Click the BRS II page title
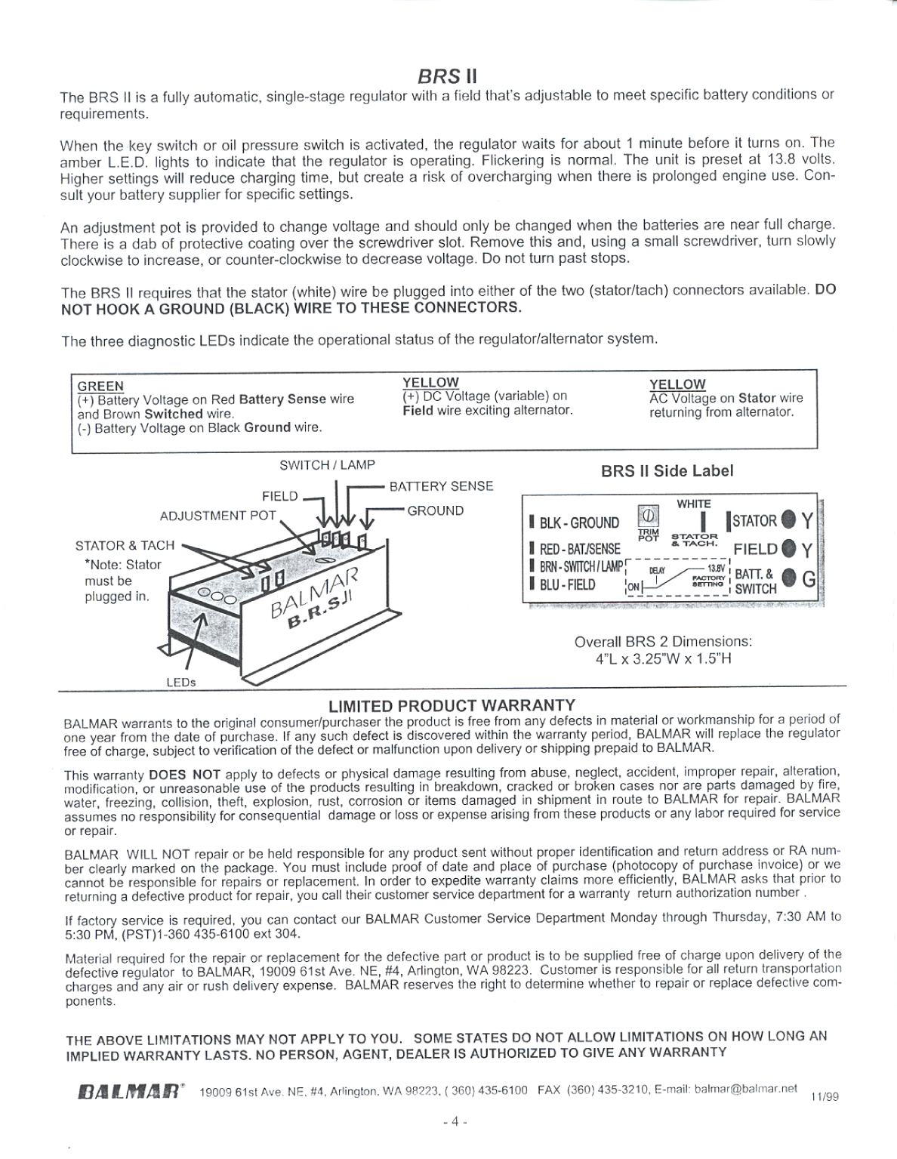[x=447, y=76]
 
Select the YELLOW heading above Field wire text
[x=430, y=383]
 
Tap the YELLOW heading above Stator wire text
[x=677, y=384]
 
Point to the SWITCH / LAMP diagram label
[x=327, y=465]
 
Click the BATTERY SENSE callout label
[x=441, y=486]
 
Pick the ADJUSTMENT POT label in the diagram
[x=218, y=516]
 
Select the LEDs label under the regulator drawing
[x=181, y=682]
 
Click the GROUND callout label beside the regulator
[x=436, y=510]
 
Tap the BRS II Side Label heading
[x=667, y=471]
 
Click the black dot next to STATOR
[x=788, y=520]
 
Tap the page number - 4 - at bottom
[x=455, y=1121]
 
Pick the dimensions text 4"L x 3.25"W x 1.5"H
[x=663, y=658]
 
